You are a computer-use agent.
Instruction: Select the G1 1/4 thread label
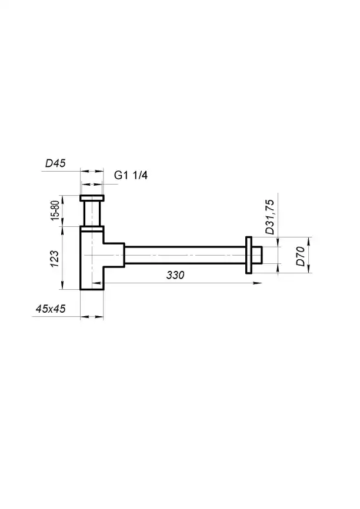point(131,176)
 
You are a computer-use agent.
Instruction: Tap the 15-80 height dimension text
point(55,210)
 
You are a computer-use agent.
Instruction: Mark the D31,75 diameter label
point(269,217)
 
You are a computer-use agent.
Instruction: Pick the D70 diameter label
point(300,256)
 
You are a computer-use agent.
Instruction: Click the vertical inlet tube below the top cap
point(92,213)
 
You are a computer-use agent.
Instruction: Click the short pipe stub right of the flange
point(262,254)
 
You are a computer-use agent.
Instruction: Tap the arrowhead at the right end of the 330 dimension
point(258,283)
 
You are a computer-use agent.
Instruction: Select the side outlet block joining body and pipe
point(114,254)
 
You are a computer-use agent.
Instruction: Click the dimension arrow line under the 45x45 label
point(92,317)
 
